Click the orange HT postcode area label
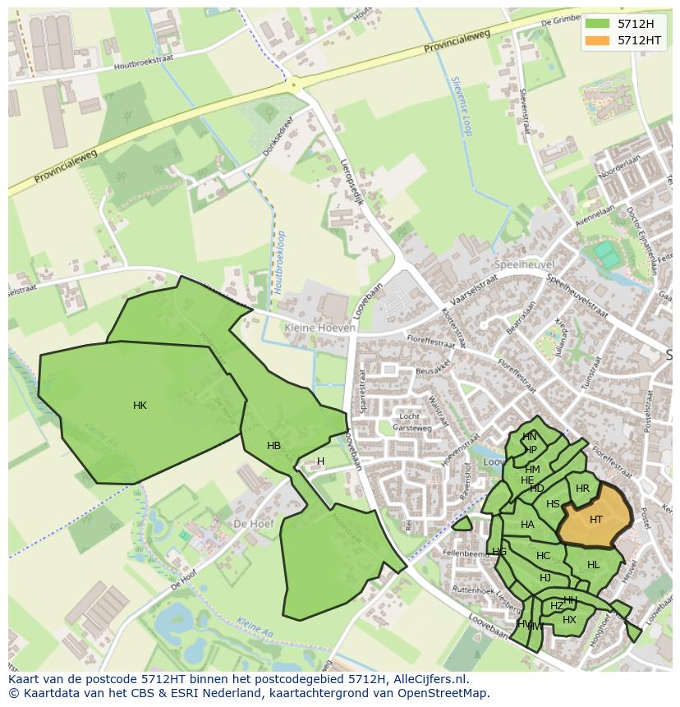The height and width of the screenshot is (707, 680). coord(596,519)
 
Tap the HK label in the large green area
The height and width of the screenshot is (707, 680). coord(140,406)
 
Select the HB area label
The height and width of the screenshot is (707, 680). coord(274,446)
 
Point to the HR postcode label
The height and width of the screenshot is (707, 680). coord(582,489)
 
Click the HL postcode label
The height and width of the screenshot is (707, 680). coord(594,565)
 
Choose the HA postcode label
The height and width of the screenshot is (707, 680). coord(527,525)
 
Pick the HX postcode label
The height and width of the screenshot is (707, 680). coord(569,620)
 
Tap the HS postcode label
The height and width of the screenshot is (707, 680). coord(553,504)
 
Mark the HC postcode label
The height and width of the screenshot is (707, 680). coord(543,556)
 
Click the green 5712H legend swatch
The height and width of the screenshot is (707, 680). coord(597,23)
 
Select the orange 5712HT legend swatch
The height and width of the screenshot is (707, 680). coord(597,40)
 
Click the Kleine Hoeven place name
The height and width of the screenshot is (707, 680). coord(320,328)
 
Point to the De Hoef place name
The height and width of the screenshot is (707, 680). coord(252,523)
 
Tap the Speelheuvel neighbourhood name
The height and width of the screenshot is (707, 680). coord(525,264)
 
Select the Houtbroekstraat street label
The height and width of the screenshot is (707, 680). coord(146,64)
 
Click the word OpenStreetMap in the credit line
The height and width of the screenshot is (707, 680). coord(443,693)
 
